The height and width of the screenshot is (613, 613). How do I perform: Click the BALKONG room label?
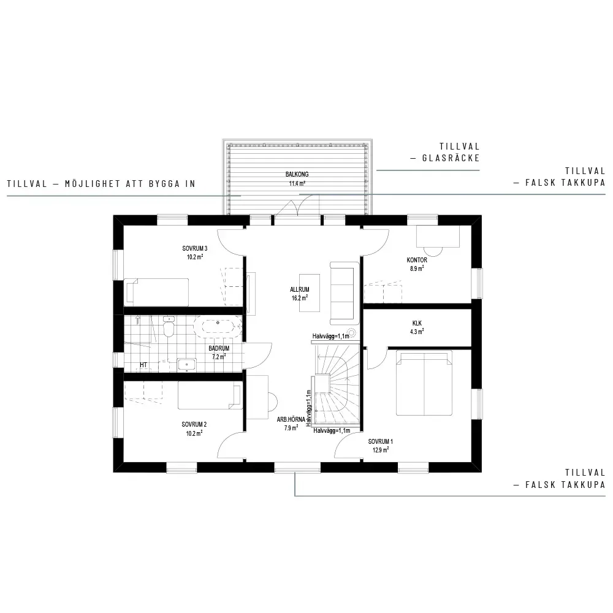pos(297,174)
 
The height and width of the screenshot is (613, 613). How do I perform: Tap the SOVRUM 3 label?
pos(195,248)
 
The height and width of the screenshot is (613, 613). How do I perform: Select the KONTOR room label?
pos(417,260)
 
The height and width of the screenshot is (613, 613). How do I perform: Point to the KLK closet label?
pos(417,323)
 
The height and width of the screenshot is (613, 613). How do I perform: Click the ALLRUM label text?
pos(300,290)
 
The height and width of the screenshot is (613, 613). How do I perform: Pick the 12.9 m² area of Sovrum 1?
pos(381,450)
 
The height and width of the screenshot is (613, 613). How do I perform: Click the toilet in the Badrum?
pos(169,327)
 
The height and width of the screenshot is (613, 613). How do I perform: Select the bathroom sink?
pos(187,365)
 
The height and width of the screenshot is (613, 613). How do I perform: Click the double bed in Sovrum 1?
pos(424,383)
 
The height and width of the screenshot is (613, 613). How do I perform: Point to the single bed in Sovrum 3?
pos(156,292)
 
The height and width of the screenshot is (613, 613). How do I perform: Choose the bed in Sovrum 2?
pos(210,395)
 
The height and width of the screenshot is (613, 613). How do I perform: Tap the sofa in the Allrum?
pos(345,293)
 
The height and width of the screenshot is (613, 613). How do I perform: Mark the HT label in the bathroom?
pos(143,365)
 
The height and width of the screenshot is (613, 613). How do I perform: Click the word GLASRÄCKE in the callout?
pos(451,158)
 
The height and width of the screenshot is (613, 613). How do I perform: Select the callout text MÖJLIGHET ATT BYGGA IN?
pos(130,184)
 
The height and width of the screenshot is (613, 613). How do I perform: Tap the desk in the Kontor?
pos(438,236)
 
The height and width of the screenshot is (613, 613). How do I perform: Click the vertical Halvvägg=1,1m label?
pos(309,408)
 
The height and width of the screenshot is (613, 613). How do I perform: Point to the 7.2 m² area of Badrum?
pos(219,357)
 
